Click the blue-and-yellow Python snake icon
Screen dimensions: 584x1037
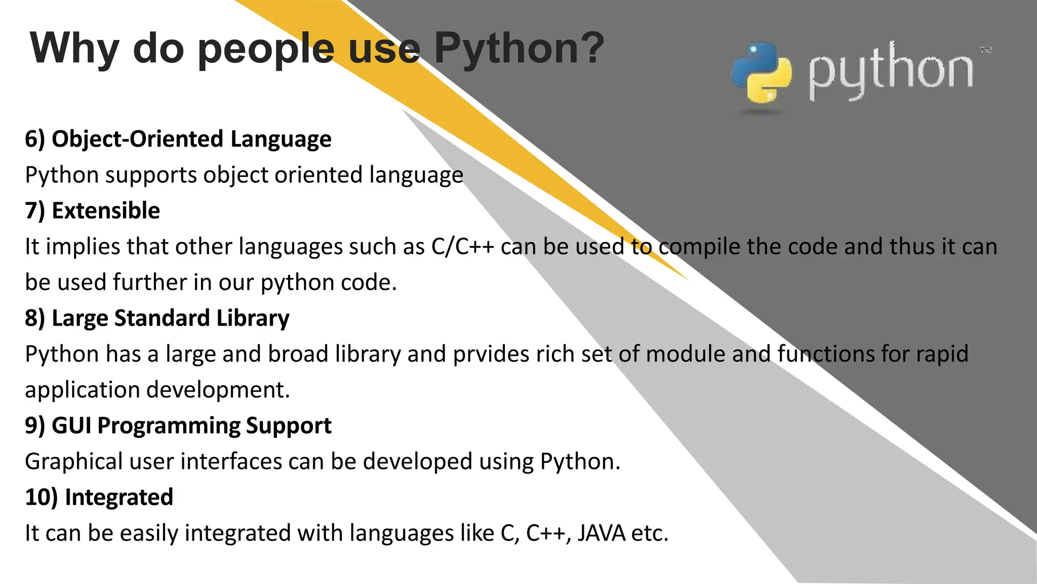point(761,72)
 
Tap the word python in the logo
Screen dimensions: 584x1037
point(890,71)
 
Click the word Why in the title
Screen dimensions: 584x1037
point(74,49)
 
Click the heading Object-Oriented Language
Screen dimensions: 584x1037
point(191,139)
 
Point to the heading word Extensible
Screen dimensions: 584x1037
point(106,210)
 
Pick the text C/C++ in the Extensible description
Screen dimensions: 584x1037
point(462,247)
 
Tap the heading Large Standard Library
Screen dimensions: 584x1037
point(170,318)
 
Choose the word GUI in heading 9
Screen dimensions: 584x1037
point(71,426)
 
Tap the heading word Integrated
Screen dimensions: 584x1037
point(119,497)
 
